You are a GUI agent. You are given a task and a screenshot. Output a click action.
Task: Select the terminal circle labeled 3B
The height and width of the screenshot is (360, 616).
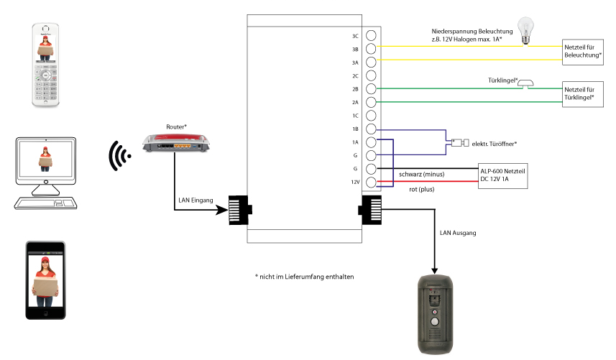[372, 49]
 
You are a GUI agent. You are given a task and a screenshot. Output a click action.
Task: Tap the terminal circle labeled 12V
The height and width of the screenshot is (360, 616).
[372, 183]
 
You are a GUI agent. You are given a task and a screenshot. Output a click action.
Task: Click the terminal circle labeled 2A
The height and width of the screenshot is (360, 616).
[372, 103]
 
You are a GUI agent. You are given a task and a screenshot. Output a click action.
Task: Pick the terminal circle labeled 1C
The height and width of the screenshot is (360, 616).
[372, 116]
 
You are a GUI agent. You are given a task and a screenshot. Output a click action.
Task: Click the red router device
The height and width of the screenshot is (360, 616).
[176, 144]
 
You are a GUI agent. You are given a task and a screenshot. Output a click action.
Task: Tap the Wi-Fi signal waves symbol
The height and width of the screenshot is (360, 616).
[116, 156]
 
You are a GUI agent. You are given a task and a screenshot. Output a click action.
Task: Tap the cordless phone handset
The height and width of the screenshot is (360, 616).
[45, 65]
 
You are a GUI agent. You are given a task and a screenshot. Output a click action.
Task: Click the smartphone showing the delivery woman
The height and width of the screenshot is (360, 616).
[45, 280]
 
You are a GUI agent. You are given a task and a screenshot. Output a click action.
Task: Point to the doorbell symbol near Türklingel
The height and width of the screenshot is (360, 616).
[526, 84]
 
